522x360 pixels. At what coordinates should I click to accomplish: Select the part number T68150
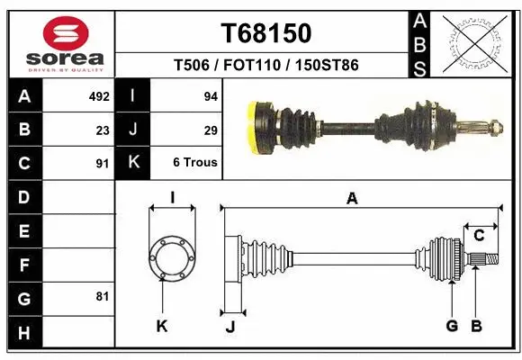pyautogui.click(x=266, y=33)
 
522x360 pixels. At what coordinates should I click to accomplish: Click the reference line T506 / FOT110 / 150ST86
pyautogui.click(x=266, y=65)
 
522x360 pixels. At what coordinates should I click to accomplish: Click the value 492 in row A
pyautogui.click(x=98, y=96)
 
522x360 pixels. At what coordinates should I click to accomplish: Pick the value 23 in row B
pyautogui.click(x=103, y=130)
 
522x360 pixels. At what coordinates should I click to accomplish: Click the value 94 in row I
pyautogui.click(x=211, y=96)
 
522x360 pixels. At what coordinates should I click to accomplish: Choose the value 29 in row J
pyautogui.click(x=211, y=130)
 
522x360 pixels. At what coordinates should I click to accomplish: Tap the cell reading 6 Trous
pyautogui.click(x=194, y=163)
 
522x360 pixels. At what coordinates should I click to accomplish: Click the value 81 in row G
pyautogui.click(x=103, y=296)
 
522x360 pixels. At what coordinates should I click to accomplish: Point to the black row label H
pyautogui.click(x=23, y=332)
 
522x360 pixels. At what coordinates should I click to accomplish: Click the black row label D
pyautogui.click(x=23, y=196)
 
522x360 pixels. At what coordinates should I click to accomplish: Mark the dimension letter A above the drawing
pyautogui.click(x=352, y=199)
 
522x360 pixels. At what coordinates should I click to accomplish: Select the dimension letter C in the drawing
pyautogui.click(x=480, y=236)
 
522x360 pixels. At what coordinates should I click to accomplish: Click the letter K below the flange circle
pyautogui.click(x=162, y=327)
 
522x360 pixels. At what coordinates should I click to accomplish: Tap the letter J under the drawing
pyautogui.click(x=229, y=327)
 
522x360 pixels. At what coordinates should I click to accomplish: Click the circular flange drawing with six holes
pyautogui.click(x=171, y=258)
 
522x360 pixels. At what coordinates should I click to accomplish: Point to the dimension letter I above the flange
pyautogui.click(x=171, y=199)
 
